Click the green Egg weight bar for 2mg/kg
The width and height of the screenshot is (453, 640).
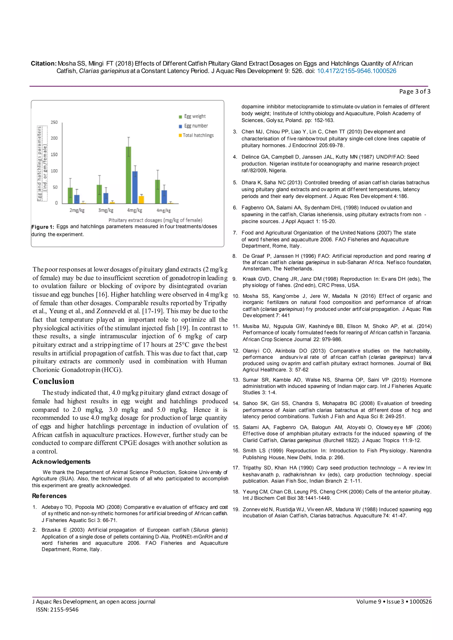click(70, 195)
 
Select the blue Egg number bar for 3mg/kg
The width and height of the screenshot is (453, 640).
click(106, 198)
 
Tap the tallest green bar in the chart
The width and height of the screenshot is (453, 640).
click(129, 175)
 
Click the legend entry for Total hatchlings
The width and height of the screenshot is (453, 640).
click(198, 135)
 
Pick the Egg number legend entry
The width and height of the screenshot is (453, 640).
click(196, 126)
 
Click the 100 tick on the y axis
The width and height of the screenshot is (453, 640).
click(54, 171)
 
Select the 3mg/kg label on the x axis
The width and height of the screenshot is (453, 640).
click(106, 210)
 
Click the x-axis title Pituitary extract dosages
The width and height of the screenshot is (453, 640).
click(155, 220)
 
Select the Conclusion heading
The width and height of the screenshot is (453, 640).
click(53, 381)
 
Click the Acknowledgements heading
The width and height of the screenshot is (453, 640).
click(61, 462)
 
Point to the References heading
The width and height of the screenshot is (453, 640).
click(49, 496)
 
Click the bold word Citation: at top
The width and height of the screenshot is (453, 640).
click(44, 64)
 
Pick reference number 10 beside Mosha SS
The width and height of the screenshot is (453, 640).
click(236, 296)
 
